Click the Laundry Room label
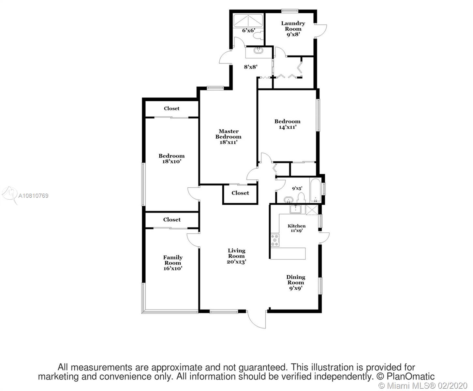[x=293, y=26]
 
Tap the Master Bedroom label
[x=228, y=134]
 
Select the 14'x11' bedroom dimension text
[x=288, y=127]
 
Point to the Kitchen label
[x=297, y=226]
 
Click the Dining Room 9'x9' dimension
[x=296, y=288]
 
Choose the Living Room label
[x=236, y=253]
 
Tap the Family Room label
[x=173, y=260]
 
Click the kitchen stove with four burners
[x=275, y=240]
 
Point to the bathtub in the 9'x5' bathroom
[x=315, y=190]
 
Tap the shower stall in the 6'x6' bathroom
[x=248, y=21]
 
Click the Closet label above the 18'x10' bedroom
[x=171, y=109]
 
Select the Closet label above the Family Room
[x=172, y=219]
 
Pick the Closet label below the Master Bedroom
[x=240, y=193]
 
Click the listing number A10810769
[x=33, y=195]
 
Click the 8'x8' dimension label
[x=251, y=67]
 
